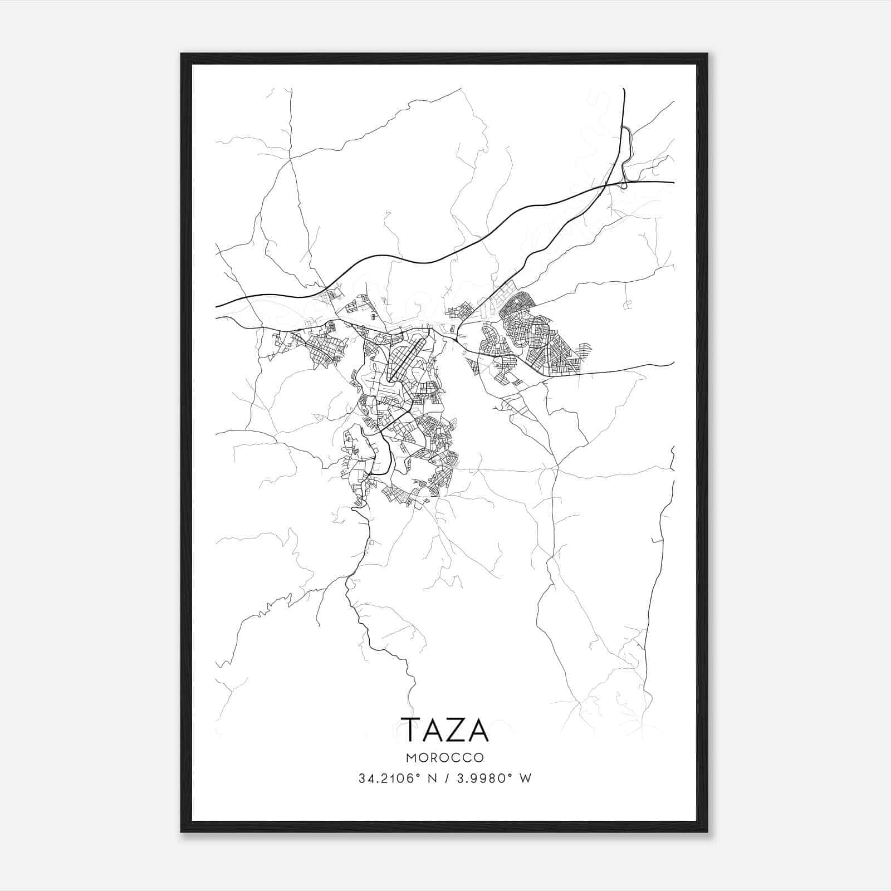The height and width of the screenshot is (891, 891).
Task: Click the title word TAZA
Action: coord(444,730)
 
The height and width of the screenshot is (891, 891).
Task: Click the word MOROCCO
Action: coord(444,758)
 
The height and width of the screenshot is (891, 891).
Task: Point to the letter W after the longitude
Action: coord(525,779)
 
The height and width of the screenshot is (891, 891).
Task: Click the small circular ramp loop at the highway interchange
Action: coord(624,184)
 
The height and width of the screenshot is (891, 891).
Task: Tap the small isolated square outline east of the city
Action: coord(628,304)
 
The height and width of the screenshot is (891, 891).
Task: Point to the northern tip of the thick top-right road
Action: coord(623,89)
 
